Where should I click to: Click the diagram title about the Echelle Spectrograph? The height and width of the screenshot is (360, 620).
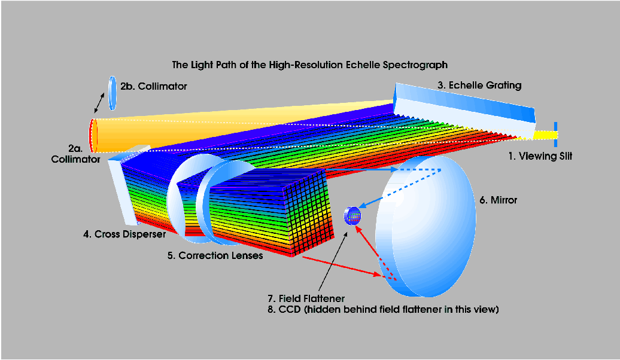(309, 65)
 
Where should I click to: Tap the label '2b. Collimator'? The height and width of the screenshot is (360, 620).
(153, 86)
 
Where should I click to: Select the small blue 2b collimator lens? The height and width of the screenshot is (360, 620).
(113, 93)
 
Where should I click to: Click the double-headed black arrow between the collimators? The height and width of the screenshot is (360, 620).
(99, 103)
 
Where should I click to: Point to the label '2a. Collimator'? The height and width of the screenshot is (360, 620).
(75, 154)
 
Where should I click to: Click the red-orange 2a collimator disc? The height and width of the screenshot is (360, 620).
(93, 136)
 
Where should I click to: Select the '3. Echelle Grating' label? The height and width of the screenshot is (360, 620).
(479, 86)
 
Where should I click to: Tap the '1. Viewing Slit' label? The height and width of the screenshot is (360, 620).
(540, 156)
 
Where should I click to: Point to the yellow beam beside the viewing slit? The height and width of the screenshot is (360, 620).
(543, 135)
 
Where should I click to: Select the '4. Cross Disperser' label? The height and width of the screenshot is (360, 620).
(124, 234)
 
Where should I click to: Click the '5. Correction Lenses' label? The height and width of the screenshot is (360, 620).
(215, 256)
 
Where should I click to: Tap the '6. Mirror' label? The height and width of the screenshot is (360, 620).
(498, 200)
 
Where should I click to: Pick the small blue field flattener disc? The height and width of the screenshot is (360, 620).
(352, 216)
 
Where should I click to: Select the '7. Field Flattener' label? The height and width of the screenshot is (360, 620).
(306, 298)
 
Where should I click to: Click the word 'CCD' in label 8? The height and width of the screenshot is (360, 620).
(290, 309)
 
